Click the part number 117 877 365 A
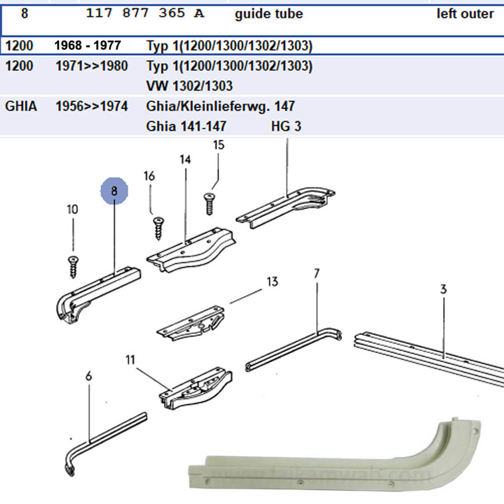[145, 14]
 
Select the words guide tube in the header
[269, 14]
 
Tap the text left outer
[465, 14]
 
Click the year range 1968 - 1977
[88, 46]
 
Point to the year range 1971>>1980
[91, 66]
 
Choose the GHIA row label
[21, 106]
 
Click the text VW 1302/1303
[189, 86]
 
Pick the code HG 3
[286, 126]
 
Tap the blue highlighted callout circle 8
[114, 191]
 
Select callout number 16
[149, 176]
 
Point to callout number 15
[218, 145]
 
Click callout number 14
[185, 160]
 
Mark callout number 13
[272, 281]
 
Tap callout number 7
[317, 274]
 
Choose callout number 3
[443, 289]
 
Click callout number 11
[131, 360]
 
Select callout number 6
[89, 375]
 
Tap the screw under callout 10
[74, 266]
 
